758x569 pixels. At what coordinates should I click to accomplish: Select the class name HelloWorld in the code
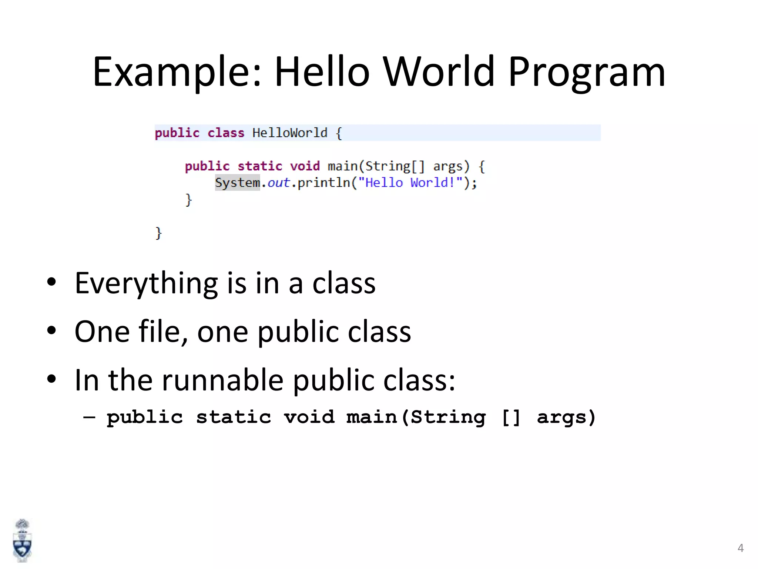point(290,133)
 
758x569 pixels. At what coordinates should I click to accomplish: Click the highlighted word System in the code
point(237,183)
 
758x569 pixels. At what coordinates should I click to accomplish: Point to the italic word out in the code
point(279,183)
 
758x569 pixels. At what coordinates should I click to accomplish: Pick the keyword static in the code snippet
point(260,166)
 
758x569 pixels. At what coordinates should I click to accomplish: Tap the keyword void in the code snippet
point(305,166)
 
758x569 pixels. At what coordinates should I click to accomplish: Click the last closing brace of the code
point(158,233)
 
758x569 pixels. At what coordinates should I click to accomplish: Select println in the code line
point(323,183)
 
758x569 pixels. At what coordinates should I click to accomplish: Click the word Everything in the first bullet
point(146,283)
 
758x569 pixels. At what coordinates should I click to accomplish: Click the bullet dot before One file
point(51,330)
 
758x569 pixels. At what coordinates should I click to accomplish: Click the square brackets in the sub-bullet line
point(511,417)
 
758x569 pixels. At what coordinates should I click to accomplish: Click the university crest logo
point(22,541)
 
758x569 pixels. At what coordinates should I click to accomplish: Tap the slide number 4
point(740,548)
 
